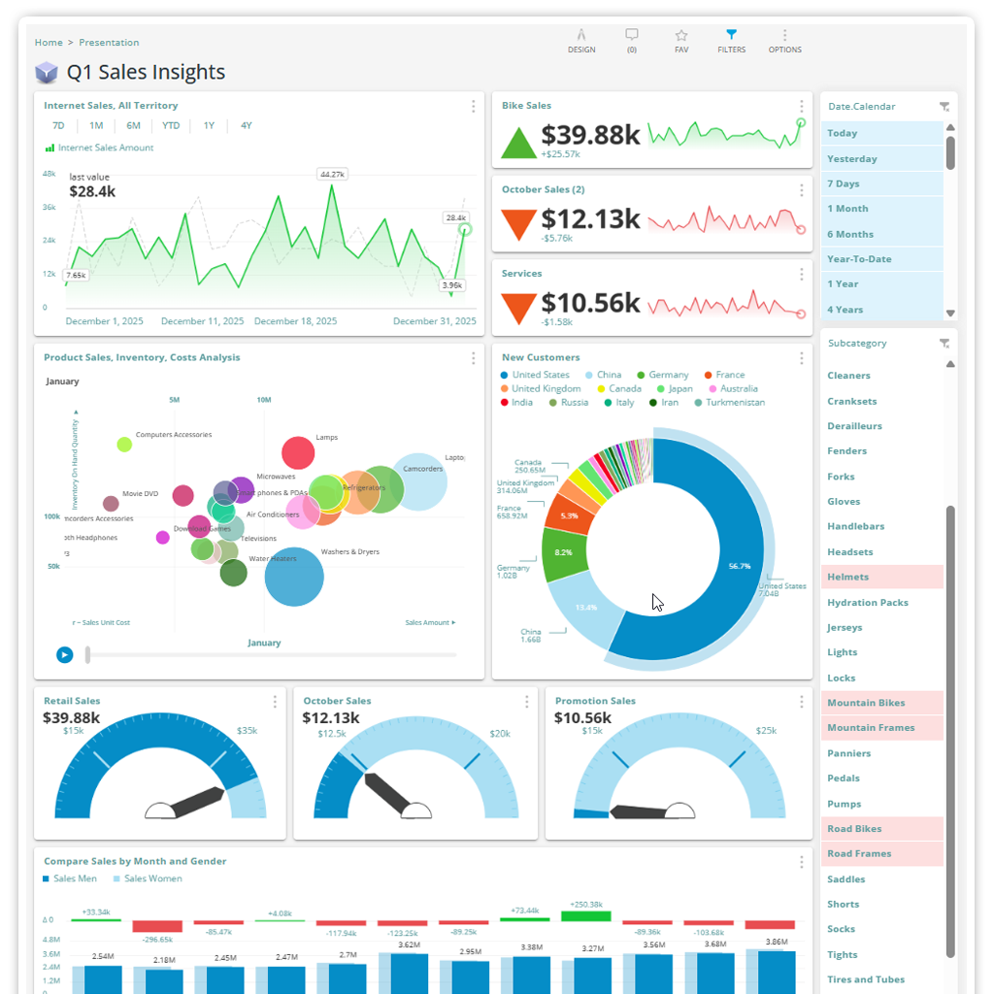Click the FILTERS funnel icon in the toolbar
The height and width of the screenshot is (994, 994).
[731, 35]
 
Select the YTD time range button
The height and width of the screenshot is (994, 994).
[171, 125]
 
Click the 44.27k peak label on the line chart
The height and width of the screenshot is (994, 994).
[332, 175]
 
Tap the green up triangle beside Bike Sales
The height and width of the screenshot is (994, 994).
[518, 143]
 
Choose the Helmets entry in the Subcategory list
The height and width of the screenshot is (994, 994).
[847, 577]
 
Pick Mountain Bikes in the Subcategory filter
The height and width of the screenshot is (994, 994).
[866, 703]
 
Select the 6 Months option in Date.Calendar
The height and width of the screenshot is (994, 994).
[849, 234]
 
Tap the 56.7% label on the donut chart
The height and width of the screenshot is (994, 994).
[739, 565]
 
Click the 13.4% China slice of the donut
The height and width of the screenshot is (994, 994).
[585, 607]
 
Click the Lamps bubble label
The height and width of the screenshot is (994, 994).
[326, 438]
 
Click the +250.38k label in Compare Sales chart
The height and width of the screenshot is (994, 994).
[586, 905]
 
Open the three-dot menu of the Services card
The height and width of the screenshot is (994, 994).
[802, 275]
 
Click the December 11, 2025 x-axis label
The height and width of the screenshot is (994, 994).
[202, 321]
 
